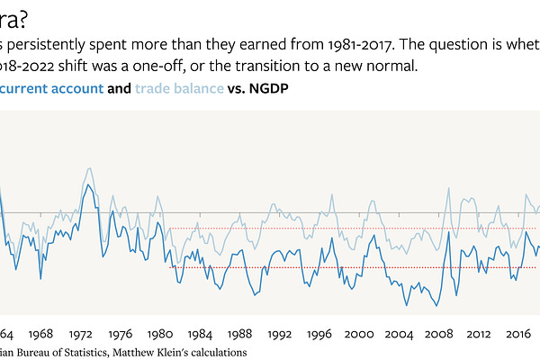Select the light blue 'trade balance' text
176,90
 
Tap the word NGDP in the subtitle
265,90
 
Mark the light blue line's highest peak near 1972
87,168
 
